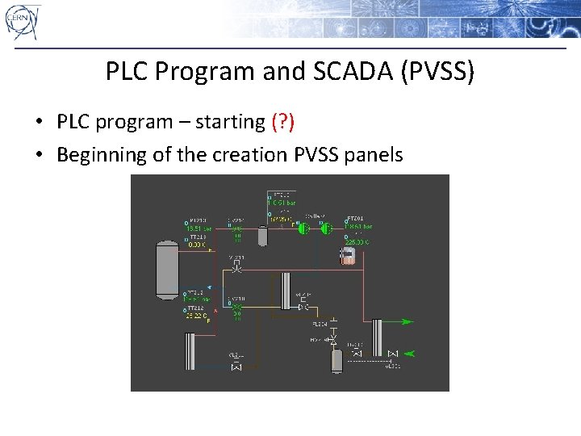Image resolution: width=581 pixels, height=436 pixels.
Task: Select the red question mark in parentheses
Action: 282,123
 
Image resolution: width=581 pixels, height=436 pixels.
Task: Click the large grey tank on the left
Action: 167,267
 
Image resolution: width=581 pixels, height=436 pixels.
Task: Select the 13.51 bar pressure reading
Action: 199,228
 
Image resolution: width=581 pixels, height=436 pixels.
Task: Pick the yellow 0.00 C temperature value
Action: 197,244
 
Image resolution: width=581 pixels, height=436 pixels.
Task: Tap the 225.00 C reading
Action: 357,241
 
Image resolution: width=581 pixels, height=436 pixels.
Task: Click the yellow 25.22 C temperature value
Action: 196,316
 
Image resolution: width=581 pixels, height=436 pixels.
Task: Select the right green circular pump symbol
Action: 326,228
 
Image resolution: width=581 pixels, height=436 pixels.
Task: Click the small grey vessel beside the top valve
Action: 262,236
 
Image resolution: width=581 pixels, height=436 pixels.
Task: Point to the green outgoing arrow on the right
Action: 408,322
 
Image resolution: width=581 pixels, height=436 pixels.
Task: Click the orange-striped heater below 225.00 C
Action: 348,256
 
